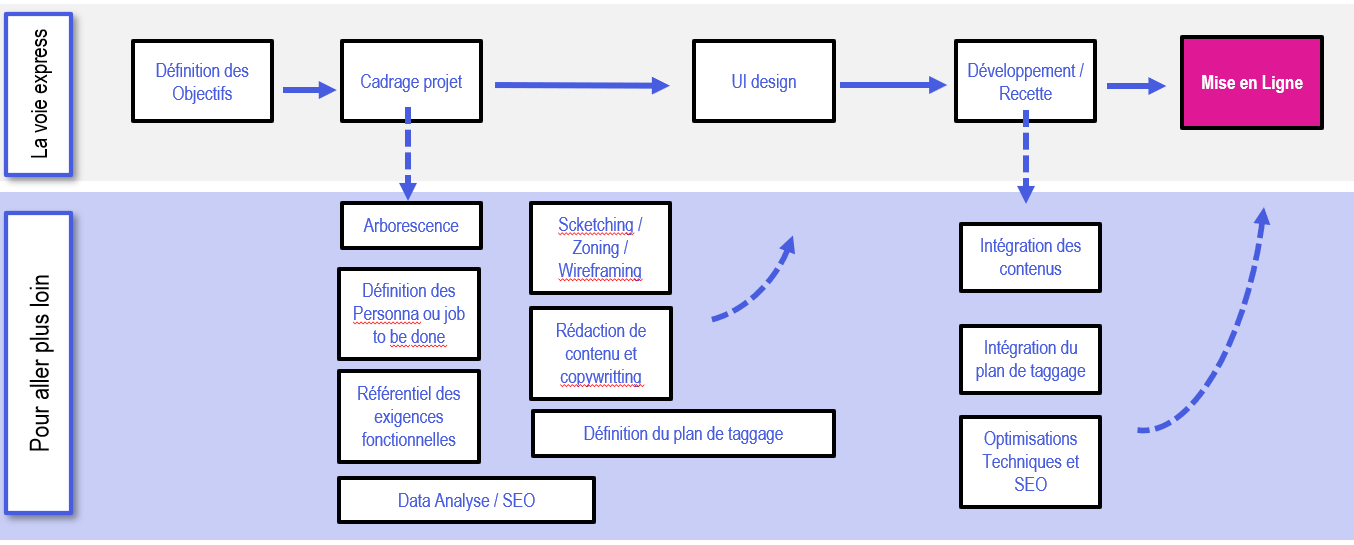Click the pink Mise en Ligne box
(x=1252, y=82)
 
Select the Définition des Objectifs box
(x=202, y=82)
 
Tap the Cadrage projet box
(x=411, y=82)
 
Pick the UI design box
(x=764, y=82)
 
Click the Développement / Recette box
(x=1025, y=82)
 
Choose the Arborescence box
(x=411, y=225)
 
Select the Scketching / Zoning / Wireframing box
(x=600, y=248)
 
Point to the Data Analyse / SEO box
(x=466, y=500)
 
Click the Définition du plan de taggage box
(x=683, y=433)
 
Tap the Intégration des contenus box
(x=1030, y=257)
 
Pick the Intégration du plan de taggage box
(x=1030, y=360)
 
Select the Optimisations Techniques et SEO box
(x=1030, y=462)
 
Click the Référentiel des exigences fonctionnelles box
(x=409, y=417)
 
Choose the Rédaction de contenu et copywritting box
(x=601, y=353)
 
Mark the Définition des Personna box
(x=409, y=314)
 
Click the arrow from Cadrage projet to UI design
(x=582, y=85)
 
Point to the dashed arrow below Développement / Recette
(x=1026, y=157)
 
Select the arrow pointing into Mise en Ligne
(x=1136, y=86)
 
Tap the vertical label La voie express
(x=39, y=94)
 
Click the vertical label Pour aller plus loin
(x=39, y=363)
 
